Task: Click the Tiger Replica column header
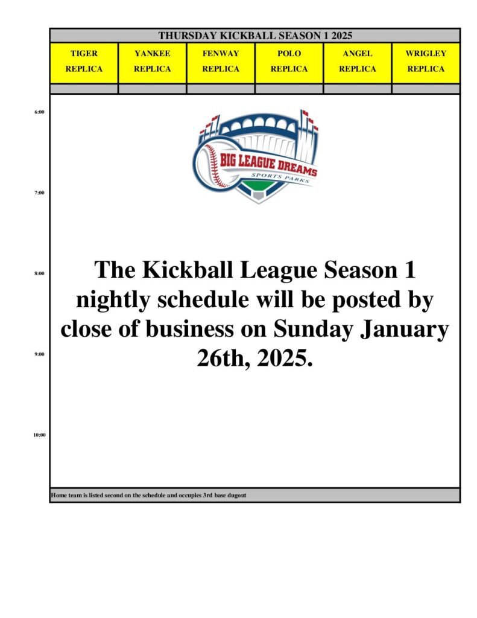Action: point(84,63)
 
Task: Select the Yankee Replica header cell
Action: point(153,63)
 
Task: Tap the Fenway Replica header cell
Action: point(221,63)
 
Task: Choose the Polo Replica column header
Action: point(289,63)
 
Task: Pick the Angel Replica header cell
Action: point(357,63)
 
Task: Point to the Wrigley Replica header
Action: point(426,63)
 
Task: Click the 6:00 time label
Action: point(39,112)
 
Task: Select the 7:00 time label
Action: point(39,193)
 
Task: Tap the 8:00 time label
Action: point(39,273)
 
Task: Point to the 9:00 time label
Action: point(39,354)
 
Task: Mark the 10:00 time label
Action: point(39,435)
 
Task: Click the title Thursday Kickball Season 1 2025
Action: point(255,36)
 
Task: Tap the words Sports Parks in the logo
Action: point(281,178)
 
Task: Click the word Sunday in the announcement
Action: point(313,330)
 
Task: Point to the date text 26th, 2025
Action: point(255,358)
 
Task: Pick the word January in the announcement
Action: point(405,330)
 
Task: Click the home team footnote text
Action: point(148,495)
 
